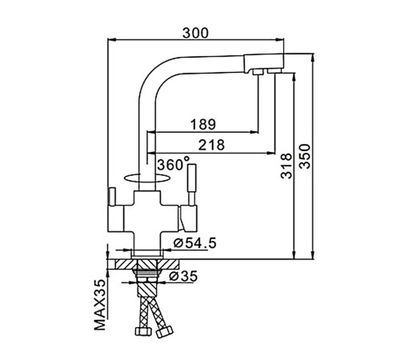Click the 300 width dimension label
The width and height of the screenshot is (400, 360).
(195, 34)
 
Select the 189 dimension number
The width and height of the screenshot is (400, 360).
(203, 124)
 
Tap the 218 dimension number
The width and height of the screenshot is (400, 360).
(211, 145)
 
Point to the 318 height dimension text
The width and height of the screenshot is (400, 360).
(286, 166)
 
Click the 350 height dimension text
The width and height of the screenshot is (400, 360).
(305, 156)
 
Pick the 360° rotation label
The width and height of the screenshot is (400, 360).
(174, 164)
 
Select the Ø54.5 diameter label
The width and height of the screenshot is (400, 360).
(194, 242)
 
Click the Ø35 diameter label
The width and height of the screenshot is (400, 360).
(183, 276)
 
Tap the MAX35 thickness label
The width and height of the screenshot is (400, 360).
(100, 305)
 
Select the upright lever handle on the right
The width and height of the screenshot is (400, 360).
(191, 184)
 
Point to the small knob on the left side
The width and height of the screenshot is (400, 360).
(111, 196)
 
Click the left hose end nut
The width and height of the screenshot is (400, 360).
(143, 331)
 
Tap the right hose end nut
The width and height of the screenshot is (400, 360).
(165, 332)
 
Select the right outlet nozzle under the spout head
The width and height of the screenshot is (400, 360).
(274, 71)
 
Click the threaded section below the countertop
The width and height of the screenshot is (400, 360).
(147, 273)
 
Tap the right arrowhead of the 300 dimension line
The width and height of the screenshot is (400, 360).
(280, 40)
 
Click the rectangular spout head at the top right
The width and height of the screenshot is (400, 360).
(264, 63)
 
